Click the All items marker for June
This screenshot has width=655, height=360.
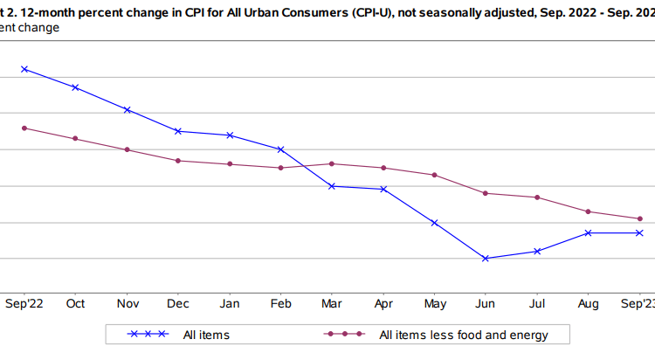pyautogui.click(x=485, y=259)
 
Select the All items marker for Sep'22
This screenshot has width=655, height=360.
pyautogui.click(x=24, y=69)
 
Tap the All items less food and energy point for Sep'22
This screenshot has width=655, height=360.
pyautogui.click(x=24, y=128)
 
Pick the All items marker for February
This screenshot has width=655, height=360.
pyautogui.click(x=280, y=149)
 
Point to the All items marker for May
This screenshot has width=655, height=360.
pyautogui.click(x=434, y=223)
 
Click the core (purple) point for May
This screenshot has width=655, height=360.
pyautogui.click(x=434, y=175)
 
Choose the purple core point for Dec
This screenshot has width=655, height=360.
pyautogui.click(x=178, y=161)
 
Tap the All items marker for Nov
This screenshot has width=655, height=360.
pyautogui.click(x=128, y=110)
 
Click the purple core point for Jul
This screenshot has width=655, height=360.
pyautogui.click(x=537, y=197)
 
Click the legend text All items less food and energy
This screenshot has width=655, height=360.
pyautogui.click(x=464, y=335)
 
